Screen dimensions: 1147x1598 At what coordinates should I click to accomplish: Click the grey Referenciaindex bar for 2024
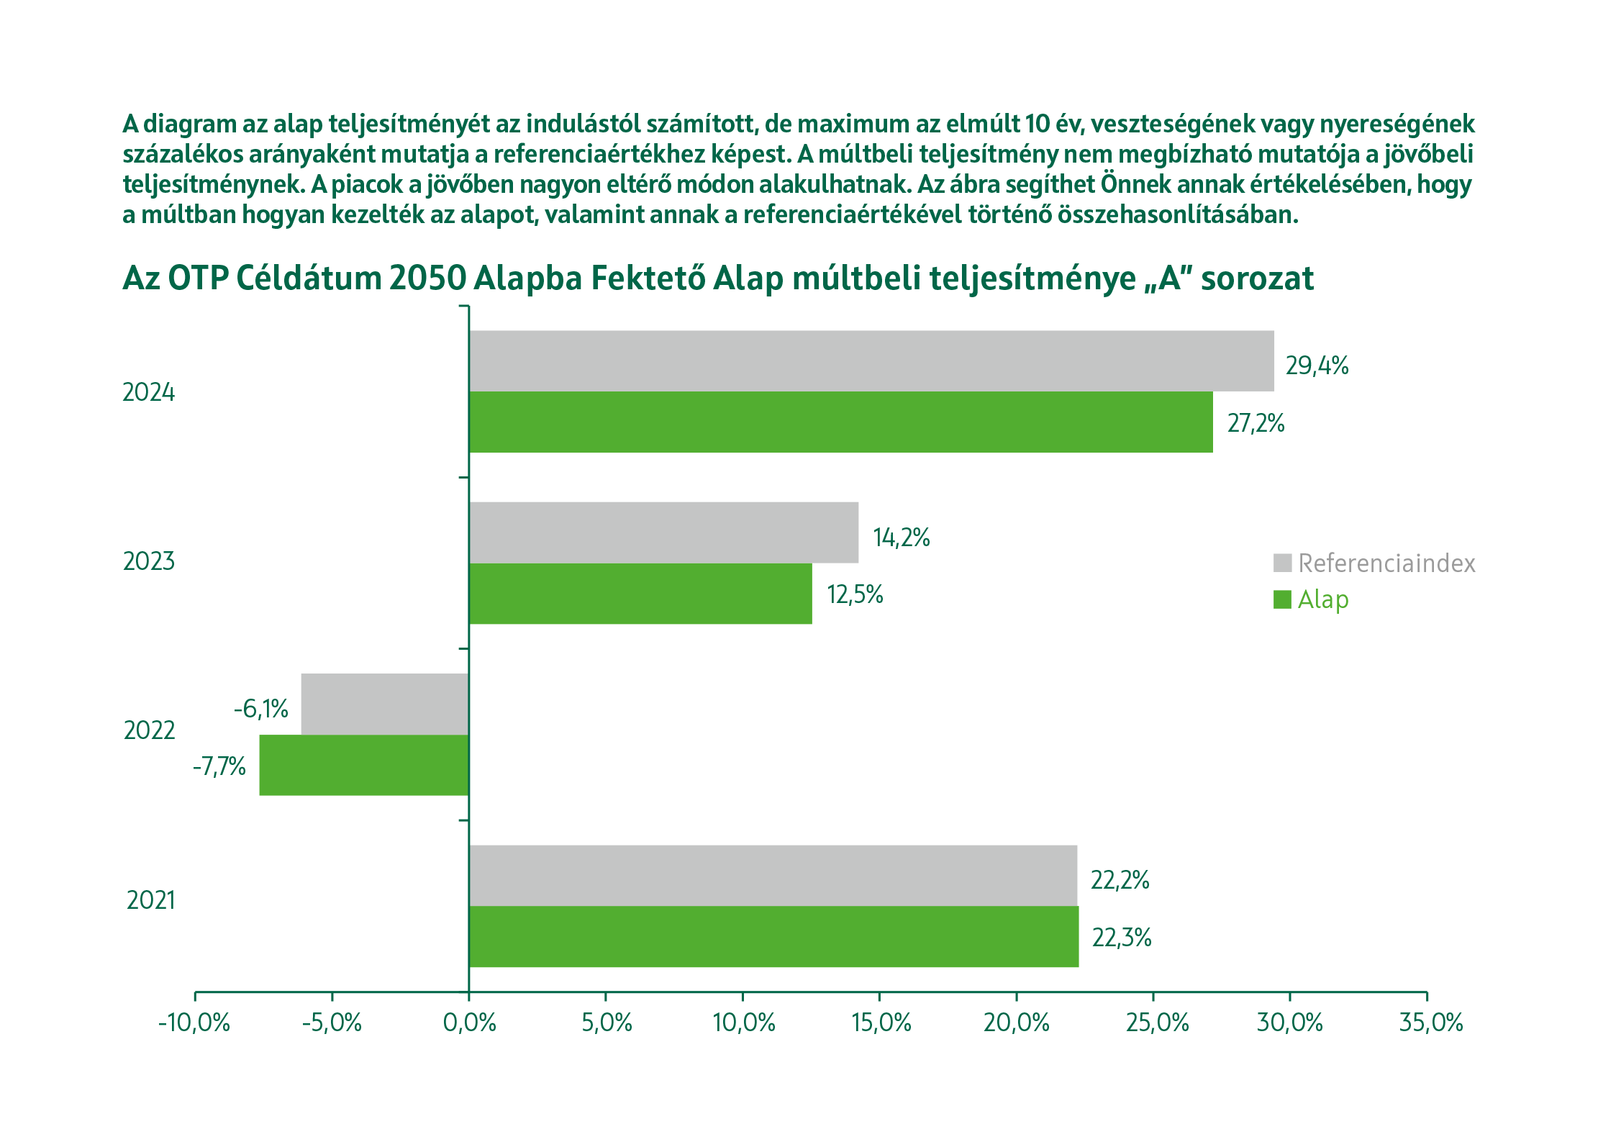coord(871,361)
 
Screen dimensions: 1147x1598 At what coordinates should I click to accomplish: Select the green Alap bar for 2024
coord(840,422)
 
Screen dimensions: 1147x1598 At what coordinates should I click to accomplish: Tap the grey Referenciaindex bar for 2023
coord(663,532)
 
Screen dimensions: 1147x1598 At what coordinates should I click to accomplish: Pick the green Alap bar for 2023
coord(640,594)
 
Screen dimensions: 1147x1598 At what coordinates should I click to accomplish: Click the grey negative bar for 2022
coord(385,704)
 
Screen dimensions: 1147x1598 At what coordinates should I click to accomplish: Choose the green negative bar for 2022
coord(364,765)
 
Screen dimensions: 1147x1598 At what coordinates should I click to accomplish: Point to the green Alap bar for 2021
coord(773,936)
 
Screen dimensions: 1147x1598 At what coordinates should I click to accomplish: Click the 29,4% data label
coord(1317,366)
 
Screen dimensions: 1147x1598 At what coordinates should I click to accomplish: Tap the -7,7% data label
coord(219,766)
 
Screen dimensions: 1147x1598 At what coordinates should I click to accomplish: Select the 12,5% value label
coord(855,594)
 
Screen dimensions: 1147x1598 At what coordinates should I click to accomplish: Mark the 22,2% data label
coord(1120,880)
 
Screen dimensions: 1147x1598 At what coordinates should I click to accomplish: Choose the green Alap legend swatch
coord(1282,599)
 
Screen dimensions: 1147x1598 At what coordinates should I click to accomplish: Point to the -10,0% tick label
coord(194,1023)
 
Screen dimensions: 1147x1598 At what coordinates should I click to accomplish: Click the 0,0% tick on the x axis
coord(469,1023)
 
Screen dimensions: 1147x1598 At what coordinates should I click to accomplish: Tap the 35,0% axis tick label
coord(1430,1023)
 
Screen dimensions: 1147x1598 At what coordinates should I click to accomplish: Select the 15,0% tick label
coord(881,1023)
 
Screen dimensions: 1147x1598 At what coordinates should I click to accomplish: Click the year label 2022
coord(150,730)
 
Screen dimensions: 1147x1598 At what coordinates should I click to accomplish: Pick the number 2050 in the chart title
coord(427,278)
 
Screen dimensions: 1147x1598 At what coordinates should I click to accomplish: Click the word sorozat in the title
coord(1257,278)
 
